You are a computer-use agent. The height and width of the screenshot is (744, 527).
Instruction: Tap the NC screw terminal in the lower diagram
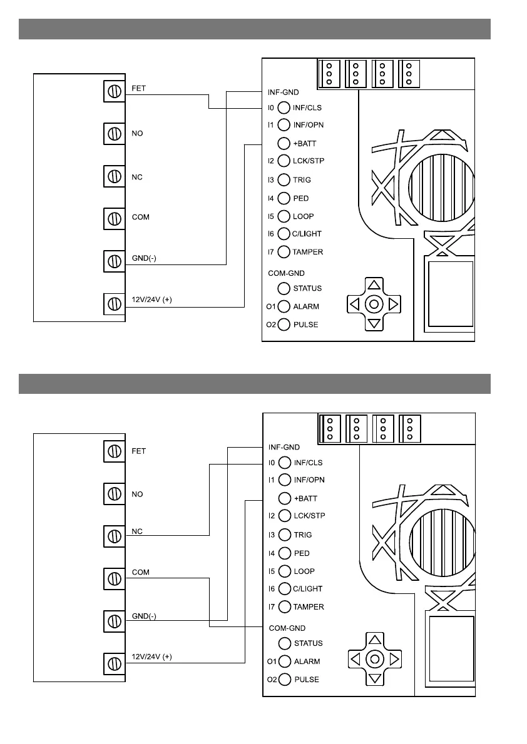tap(115, 536)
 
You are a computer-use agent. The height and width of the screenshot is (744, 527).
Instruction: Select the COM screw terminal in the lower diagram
tap(115, 578)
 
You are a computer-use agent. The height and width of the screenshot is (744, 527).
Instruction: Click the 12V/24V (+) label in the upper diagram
tap(151, 300)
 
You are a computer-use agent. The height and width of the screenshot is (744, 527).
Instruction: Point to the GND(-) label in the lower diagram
tap(144, 616)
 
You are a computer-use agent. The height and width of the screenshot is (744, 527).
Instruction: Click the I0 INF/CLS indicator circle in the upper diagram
tap(284, 108)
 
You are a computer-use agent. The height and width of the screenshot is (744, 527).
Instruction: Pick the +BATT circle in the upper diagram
tap(284, 143)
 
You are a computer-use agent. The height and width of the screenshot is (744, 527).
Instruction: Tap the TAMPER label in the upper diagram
tap(308, 252)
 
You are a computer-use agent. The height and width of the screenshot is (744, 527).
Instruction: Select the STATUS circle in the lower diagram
tap(285, 643)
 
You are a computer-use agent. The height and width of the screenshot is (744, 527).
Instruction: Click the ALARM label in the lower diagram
tap(307, 661)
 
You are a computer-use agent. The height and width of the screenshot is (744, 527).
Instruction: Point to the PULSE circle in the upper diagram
tap(284, 324)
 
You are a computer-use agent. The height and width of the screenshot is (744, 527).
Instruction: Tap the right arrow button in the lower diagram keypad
tap(394, 660)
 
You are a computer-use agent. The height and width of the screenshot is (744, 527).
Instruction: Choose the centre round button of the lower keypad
tap(374, 660)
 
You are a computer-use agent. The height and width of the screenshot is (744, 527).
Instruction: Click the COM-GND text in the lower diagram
tap(287, 628)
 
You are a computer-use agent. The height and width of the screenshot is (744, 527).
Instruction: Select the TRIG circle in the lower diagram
tap(285, 535)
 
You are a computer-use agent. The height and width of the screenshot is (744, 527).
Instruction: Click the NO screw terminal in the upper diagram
tap(115, 133)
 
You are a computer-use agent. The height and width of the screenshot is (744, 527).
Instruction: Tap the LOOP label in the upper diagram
tap(304, 216)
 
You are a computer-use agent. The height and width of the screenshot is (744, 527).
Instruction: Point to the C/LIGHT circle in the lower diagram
tap(285, 589)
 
